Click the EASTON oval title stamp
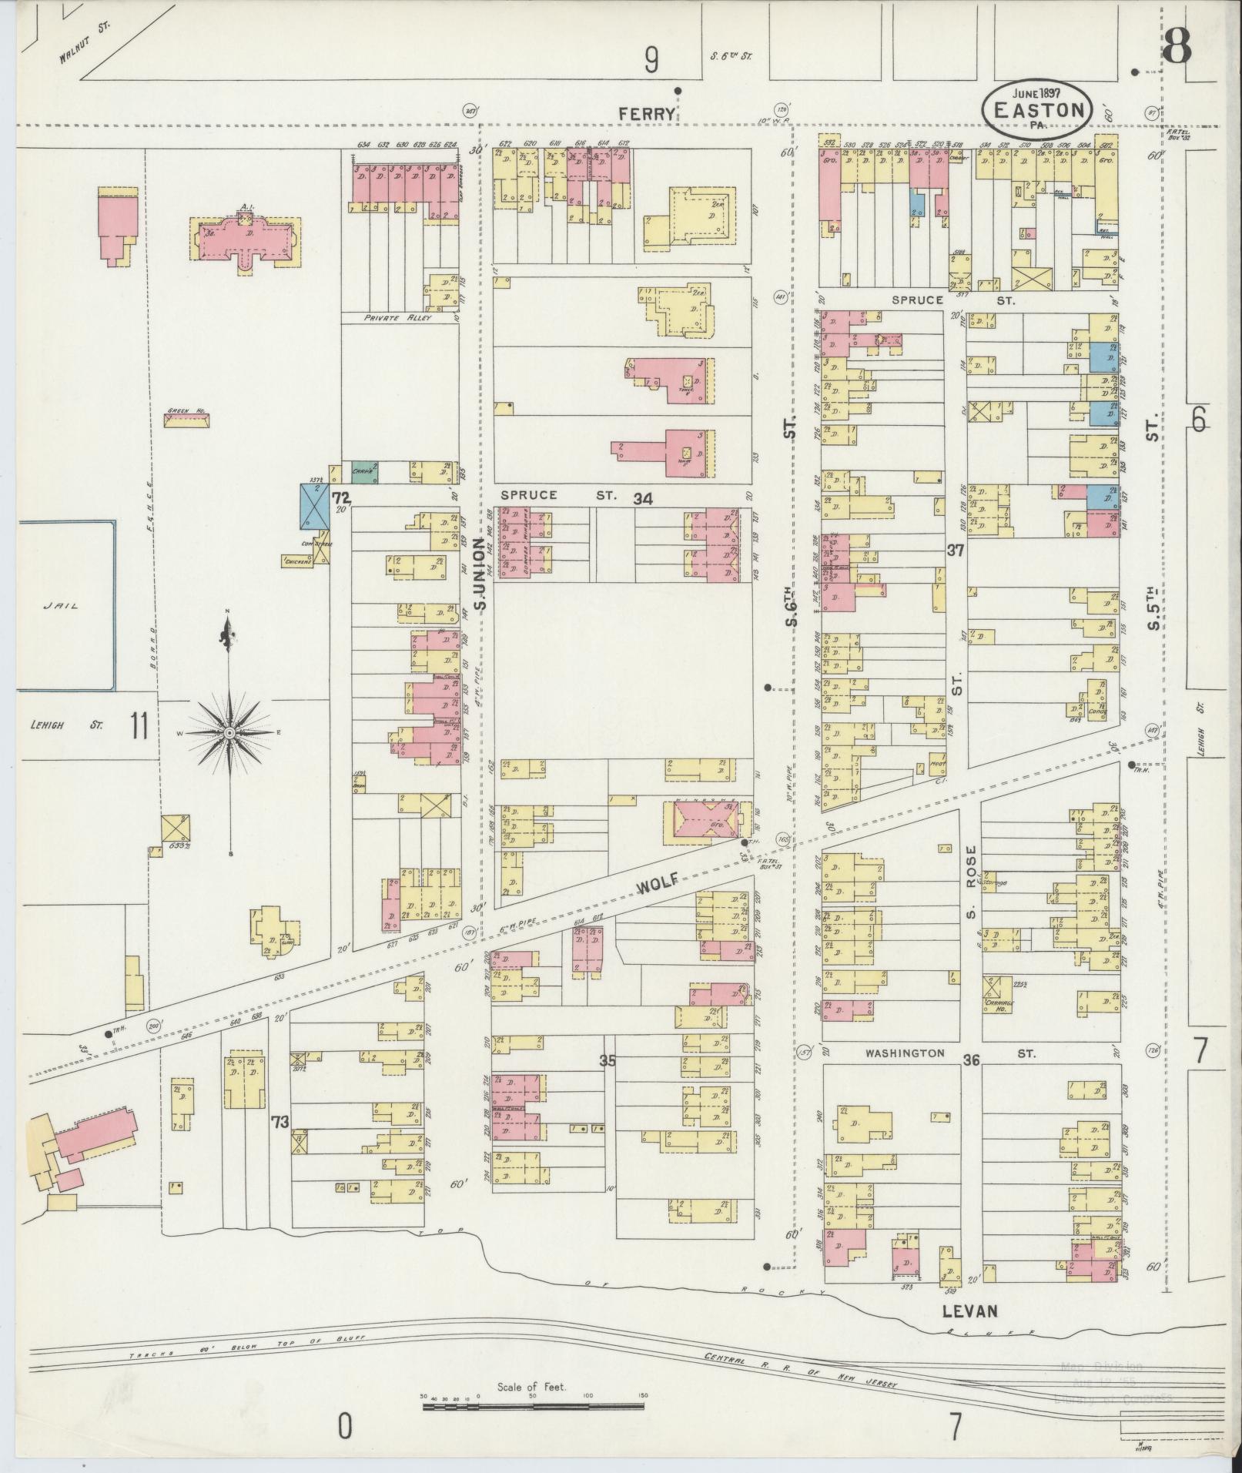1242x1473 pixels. pyautogui.click(x=1036, y=109)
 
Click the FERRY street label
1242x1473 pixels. pyautogui.click(x=648, y=114)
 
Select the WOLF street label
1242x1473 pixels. pyautogui.click(x=658, y=884)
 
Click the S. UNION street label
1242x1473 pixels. pyautogui.click(x=480, y=574)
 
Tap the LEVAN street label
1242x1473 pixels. pyautogui.click(x=969, y=1311)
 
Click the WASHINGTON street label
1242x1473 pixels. pyautogui.click(x=903, y=1053)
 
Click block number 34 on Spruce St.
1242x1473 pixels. pyautogui.click(x=643, y=500)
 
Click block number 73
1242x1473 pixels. pyautogui.click(x=280, y=1122)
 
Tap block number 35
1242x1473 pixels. pyautogui.click(x=608, y=1060)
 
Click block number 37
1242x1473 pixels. pyautogui.click(x=956, y=551)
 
